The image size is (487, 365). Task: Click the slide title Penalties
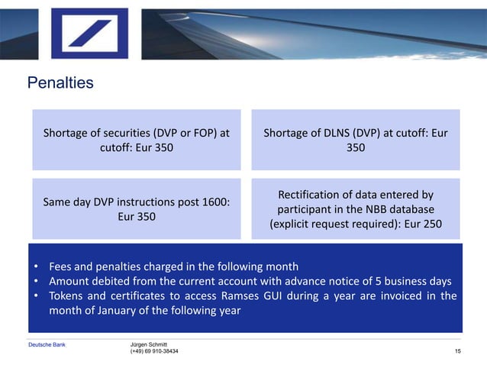60,82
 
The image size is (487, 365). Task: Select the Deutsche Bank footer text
47,344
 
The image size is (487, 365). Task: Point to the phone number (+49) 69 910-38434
156,350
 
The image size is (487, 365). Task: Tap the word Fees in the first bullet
61,266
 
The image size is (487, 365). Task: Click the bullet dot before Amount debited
36,282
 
